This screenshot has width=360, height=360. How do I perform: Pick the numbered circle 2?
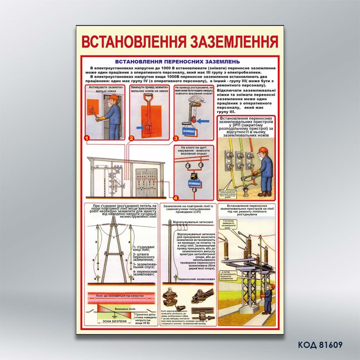pyautogui.click(x=131, y=138)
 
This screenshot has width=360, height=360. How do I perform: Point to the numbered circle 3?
pyautogui.click(x=175, y=139)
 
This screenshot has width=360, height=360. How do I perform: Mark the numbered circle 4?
pyautogui.click(x=175, y=197)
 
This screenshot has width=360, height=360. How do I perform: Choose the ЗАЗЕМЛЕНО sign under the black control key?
pyautogui.click(x=194, y=183)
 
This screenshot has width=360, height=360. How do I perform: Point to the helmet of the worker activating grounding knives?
pyautogui.click(x=113, y=97)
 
